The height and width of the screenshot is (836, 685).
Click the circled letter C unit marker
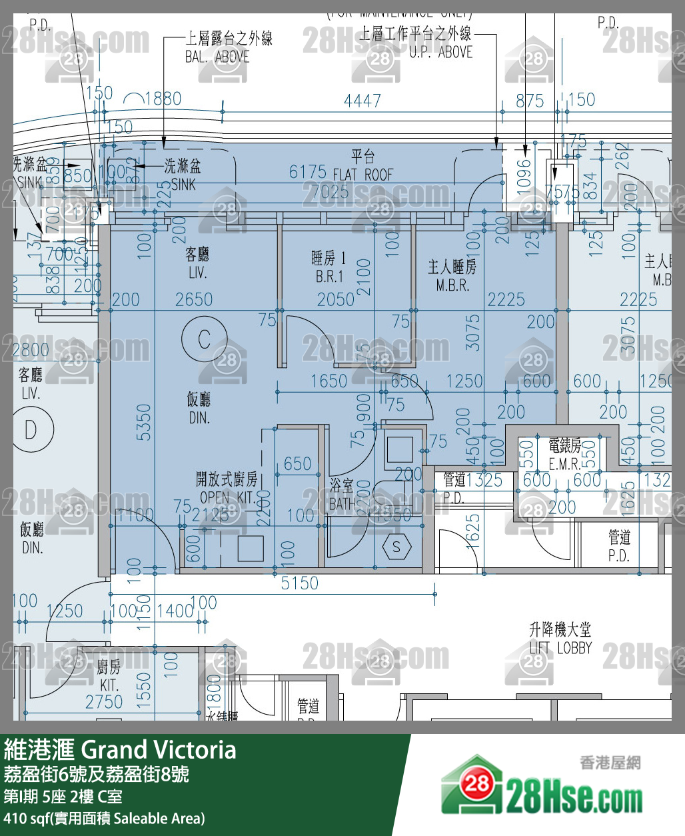click(204, 339)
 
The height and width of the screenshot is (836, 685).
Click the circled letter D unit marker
click(31, 429)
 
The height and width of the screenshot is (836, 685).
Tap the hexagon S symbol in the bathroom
click(396, 547)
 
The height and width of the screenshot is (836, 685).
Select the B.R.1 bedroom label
click(329, 267)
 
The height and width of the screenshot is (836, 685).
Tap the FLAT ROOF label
click(363, 175)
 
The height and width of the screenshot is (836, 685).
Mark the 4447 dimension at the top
click(362, 101)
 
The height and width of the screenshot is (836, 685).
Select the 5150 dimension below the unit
click(299, 583)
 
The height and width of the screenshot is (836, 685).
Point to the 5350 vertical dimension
click(143, 422)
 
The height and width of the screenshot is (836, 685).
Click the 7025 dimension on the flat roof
click(330, 192)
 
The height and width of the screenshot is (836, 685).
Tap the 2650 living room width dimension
click(194, 299)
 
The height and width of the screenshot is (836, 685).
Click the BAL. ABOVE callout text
click(217, 57)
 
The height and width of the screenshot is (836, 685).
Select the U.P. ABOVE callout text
click(440, 52)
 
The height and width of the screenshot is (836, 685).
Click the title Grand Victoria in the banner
click(159, 749)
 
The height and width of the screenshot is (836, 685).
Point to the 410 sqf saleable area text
click(104, 818)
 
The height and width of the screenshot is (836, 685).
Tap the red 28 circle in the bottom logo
click(477, 783)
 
